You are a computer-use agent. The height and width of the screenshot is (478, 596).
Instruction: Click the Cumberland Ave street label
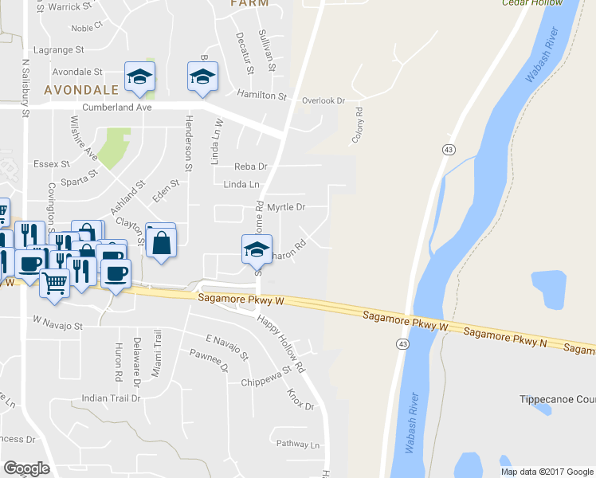pos(117,107)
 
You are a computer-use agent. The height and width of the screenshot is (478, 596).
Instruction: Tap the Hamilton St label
pos(261,96)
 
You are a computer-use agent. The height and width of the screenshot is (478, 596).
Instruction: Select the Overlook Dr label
pos(323,100)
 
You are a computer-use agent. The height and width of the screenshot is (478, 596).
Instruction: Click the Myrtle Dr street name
pos(286,207)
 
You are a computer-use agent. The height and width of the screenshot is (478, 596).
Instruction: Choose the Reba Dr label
pos(250,167)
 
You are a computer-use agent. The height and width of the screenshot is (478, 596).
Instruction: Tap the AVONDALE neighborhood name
pos(81,89)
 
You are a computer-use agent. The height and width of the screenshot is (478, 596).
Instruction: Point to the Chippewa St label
pos(265,377)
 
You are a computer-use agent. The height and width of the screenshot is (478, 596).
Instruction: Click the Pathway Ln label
pos(297,445)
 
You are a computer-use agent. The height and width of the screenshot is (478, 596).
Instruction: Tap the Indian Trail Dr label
pos(111,398)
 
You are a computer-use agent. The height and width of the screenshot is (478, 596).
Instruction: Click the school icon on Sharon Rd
pos(257,248)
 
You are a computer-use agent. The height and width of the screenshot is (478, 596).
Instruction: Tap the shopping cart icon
pos(54,281)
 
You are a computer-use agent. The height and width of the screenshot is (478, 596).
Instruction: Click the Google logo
pos(26,468)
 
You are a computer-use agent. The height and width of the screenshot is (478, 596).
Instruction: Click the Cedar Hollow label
pos(532,3)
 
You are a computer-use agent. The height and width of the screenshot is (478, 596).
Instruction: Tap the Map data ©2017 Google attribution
pos(547,472)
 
